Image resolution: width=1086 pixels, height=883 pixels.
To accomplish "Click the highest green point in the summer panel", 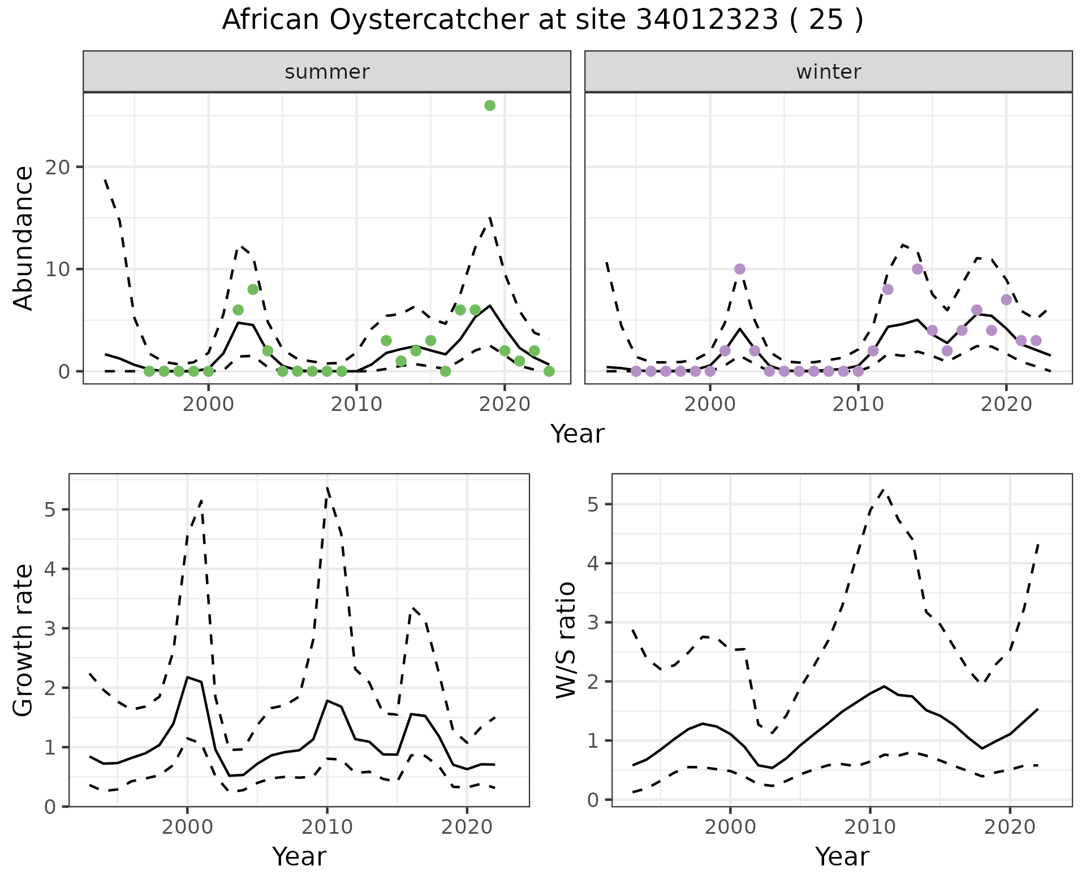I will pyautogui.click(x=490, y=106).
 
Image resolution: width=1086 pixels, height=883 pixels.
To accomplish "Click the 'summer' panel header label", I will pyautogui.click(x=327, y=72).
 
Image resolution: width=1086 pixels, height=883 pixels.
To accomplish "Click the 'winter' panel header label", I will pyautogui.click(x=828, y=72).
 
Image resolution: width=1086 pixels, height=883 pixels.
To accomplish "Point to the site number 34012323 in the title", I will pyautogui.click(x=707, y=20).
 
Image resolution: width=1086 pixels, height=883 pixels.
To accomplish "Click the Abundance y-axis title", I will pyautogui.click(x=24, y=238).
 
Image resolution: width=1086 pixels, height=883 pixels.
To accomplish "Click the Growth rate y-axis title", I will pyautogui.click(x=24, y=640).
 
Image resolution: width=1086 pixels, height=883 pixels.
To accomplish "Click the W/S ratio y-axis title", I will pyautogui.click(x=566, y=640).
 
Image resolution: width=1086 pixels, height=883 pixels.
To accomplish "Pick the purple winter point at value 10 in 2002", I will pyautogui.click(x=739, y=269).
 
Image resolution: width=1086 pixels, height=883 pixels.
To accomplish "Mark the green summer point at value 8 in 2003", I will pyautogui.click(x=253, y=289).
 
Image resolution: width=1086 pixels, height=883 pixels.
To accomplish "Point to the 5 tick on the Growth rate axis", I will pyautogui.click(x=50, y=509).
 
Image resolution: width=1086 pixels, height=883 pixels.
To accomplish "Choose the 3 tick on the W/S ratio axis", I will pyautogui.click(x=593, y=623).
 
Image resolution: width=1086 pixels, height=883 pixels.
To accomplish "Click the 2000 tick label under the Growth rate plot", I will pyautogui.click(x=187, y=827).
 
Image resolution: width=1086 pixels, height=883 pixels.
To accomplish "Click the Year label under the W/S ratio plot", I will pyautogui.click(x=842, y=857).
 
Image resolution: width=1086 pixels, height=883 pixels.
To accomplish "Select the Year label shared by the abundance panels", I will pyautogui.click(x=578, y=434).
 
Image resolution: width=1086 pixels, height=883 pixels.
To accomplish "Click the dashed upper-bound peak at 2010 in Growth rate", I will pyautogui.click(x=327, y=487).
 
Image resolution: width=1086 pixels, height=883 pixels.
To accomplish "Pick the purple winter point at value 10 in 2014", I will pyautogui.click(x=917, y=269).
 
